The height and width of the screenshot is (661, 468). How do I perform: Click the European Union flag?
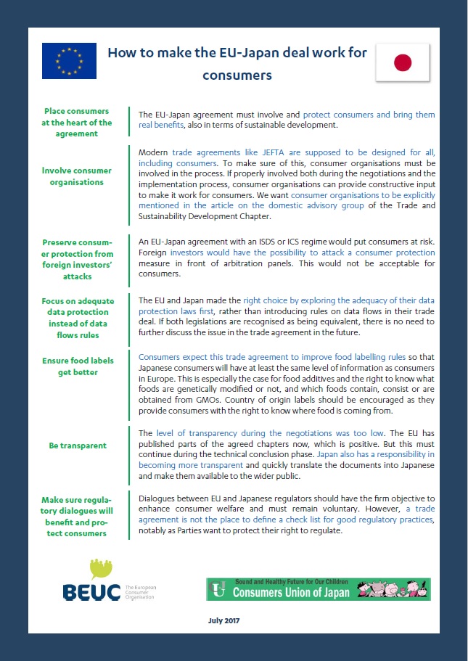coord(69,61)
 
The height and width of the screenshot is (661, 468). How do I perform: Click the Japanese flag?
coord(403,62)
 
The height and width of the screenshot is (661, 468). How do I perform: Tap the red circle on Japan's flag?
coord(403,63)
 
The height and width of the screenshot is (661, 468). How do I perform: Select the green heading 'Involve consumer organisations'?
coord(77,176)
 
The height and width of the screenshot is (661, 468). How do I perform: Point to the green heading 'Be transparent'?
coord(78,446)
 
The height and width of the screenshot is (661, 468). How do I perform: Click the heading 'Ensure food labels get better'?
coord(77,366)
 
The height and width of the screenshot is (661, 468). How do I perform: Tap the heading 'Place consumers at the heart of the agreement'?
coord(77,123)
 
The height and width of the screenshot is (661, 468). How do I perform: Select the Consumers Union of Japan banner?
coord(319,588)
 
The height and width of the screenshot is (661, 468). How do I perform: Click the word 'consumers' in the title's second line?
coord(237,75)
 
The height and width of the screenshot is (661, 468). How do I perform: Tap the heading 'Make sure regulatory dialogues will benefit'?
coord(77,516)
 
